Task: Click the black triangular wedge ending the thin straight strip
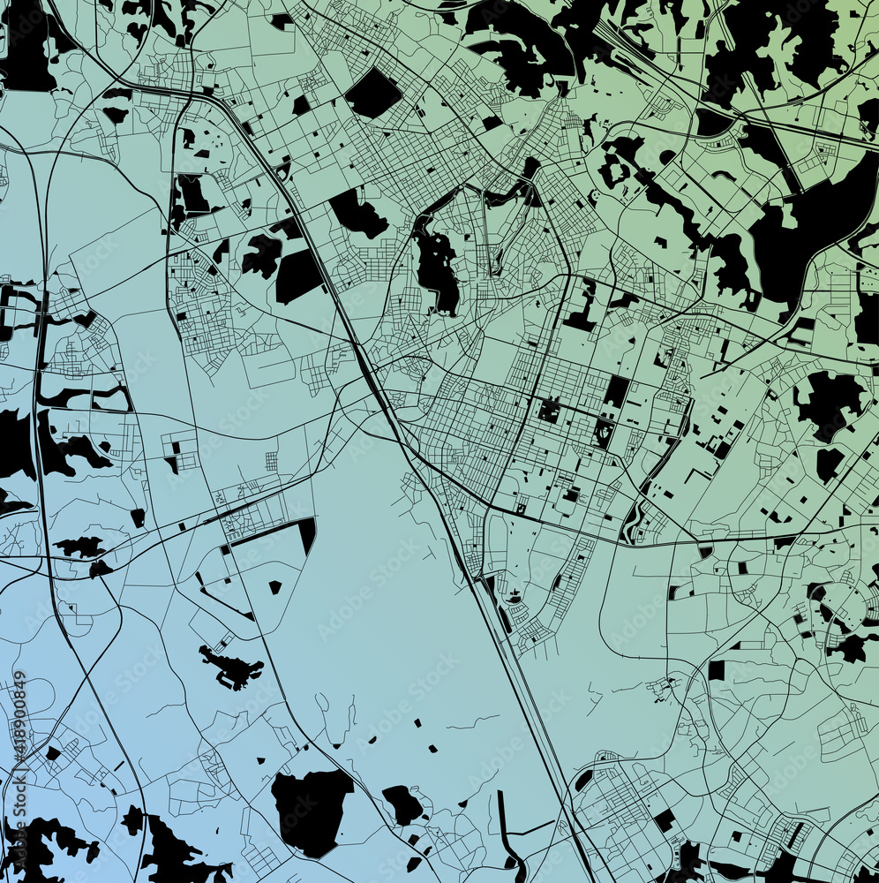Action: pyautogui.click(x=306, y=533)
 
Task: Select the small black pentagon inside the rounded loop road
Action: pyautogui.click(x=274, y=586)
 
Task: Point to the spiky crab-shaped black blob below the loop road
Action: pyautogui.click(x=231, y=668)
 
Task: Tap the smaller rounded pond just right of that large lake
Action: pyautogui.click(x=402, y=804)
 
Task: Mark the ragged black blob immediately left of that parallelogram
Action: pyautogui.click(x=262, y=256)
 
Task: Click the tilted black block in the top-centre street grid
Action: pyautogui.click(x=373, y=93)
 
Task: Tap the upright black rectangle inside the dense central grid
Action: pyautogui.click(x=615, y=391)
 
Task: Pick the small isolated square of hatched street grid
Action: pyautogui.click(x=271, y=461)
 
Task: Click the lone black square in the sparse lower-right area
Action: pyautogui.click(x=716, y=670)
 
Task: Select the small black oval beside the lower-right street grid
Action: pyautogui.click(x=583, y=780)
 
